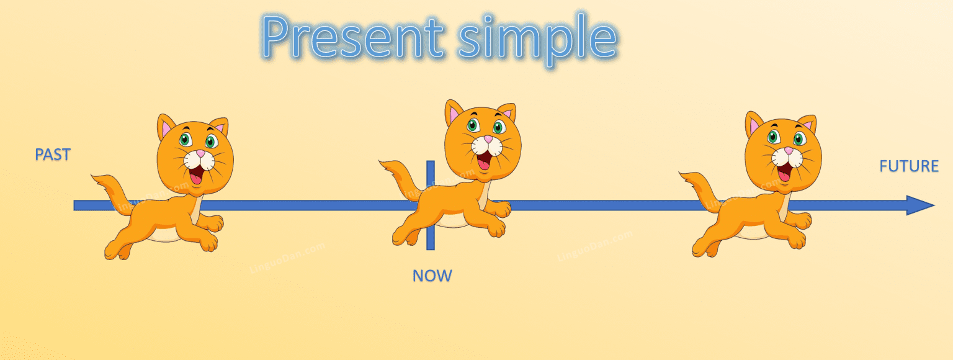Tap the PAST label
(53, 155)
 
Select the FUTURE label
(908, 166)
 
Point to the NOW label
(432, 276)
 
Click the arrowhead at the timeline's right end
(920, 205)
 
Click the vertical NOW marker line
(430, 236)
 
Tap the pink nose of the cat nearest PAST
(200, 153)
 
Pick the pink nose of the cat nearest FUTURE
(789, 150)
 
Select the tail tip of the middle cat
(383, 163)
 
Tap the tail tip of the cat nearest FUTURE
(683, 175)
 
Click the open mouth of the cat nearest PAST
(196, 174)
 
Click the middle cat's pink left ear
(456, 114)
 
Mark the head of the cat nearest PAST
(195, 152)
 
